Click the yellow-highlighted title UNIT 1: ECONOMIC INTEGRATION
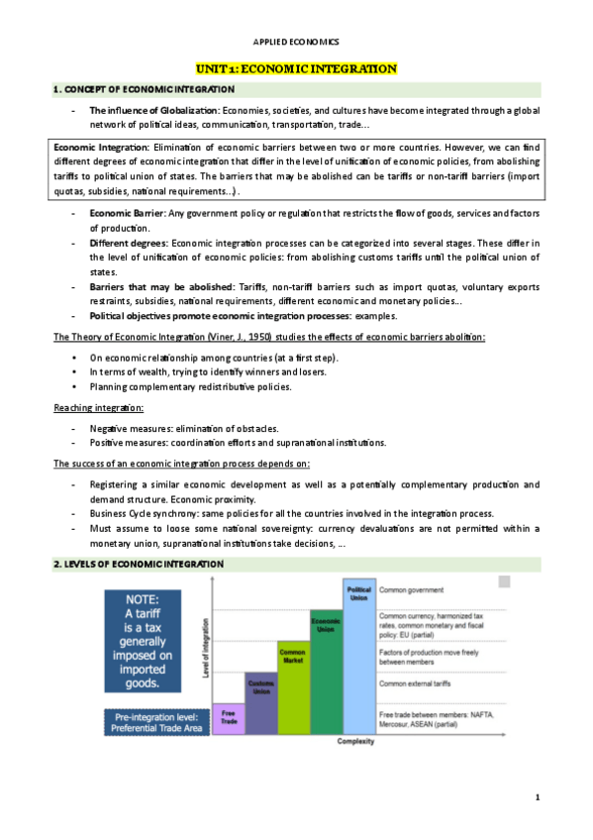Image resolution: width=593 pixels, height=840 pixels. tap(296, 68)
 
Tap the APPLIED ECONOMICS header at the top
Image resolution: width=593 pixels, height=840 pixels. tap(296, 42)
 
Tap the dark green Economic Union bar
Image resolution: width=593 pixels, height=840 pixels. tap(326, 674)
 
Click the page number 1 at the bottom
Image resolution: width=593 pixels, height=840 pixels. tap(537, 797)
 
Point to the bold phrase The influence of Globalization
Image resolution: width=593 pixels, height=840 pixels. tap(154, 110)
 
